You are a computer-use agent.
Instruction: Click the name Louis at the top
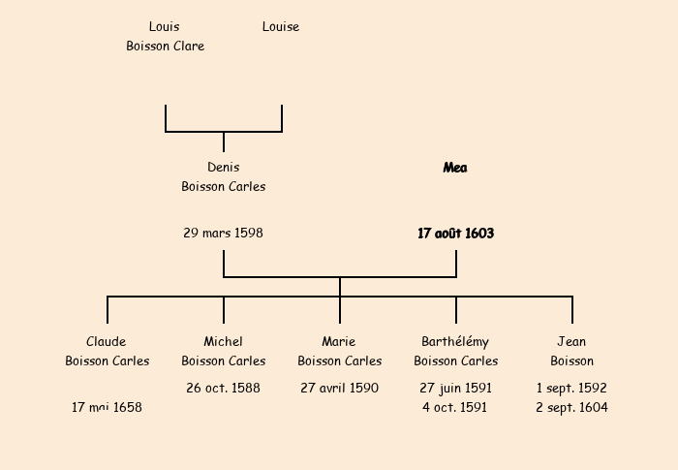point(164,27)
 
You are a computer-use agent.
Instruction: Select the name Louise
point(281,27)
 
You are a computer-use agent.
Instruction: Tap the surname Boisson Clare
point(165,47)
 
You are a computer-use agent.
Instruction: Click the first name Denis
point(223,168)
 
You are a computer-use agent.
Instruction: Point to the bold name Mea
point(455,168)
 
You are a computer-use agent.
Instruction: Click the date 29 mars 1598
point(223,234)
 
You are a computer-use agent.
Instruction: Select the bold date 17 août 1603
point(455,234)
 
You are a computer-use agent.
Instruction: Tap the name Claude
point(107,342)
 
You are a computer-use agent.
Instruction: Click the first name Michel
point(223,342)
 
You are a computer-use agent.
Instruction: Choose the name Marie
point(339,342)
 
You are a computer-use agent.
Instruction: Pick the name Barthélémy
point(455,342)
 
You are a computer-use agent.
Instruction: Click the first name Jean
point(571,342)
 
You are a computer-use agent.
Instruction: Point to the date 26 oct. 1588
point(223,389)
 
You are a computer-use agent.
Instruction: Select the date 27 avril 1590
point(339,389)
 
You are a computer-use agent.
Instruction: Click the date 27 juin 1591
point(455,389)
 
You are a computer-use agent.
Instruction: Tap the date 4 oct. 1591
point(455,408)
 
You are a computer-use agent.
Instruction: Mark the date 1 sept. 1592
point(571,389)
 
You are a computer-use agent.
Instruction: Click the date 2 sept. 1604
point(571,408)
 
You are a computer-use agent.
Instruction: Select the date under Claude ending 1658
point(107,408)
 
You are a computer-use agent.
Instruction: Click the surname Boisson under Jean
point(571,361)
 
